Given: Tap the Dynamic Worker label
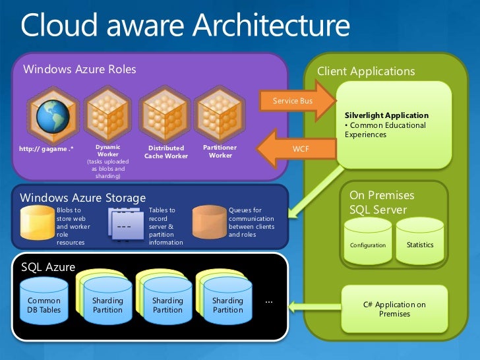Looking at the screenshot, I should [x=107, y=151].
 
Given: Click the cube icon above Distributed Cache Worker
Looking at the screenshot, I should [x=165, y=113].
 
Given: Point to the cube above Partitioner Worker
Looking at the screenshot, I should [x=220, y=113].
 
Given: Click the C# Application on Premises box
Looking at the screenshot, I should [x=394, y=309].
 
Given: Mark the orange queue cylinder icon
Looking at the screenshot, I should [x=209, y=222].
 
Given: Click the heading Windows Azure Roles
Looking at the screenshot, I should [x=80, y=69].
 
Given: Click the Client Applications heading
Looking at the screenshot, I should [x=366, y=71].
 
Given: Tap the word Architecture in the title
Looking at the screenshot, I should [x=270, y=26].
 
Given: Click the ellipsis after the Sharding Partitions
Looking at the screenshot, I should [x=268, y=301].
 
